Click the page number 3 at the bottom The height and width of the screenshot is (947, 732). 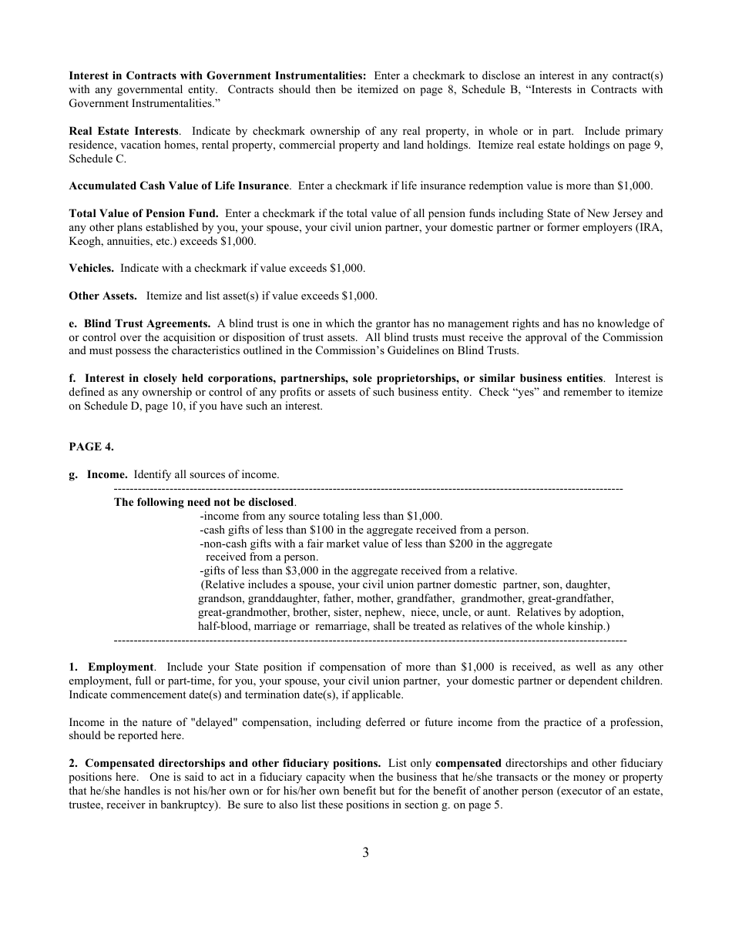[x=365, y=852]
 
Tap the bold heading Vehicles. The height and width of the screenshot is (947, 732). [x=91, y=268]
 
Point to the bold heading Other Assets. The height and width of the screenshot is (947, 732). [x=102, y=296]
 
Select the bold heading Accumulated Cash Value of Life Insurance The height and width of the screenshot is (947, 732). [x=179, y=186]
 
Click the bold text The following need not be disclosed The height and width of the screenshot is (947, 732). [x=204, y=502]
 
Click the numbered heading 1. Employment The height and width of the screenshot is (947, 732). [x=112, y=667]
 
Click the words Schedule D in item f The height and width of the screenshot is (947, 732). [x=95, y=407]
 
